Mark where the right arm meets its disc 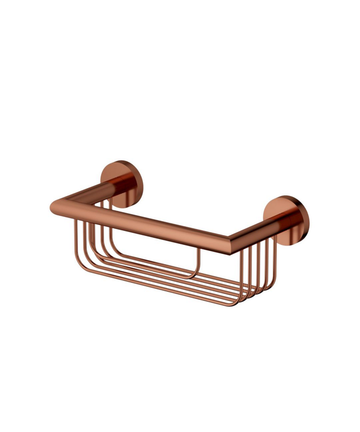tap(279, 221)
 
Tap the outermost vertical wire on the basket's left tap(74, 240)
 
